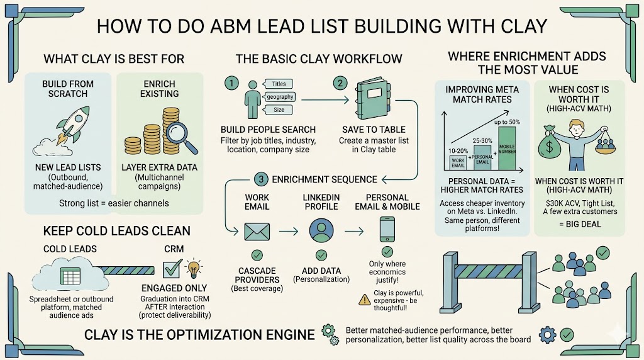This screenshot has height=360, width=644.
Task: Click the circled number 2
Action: click(340, 84)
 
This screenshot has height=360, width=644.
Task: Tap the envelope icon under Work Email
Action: click(256, 232)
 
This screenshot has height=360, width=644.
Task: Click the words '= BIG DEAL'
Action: click(579, 223)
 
